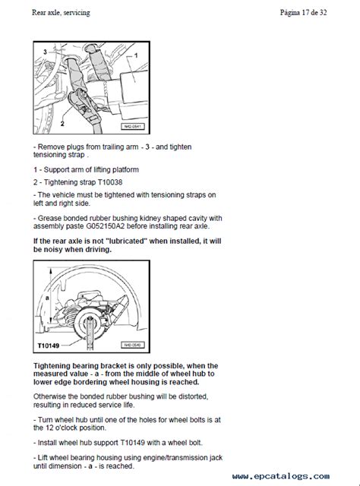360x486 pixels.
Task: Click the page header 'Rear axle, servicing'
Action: point(61,13)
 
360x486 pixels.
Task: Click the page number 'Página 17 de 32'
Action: point(303,13)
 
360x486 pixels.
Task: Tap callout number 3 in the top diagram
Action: point(46,52)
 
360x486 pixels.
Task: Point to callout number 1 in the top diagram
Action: point(136,55)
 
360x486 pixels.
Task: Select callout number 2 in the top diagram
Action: point(62,124)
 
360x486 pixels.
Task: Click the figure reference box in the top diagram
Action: point(132,127)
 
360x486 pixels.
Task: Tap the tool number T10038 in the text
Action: point(110,182)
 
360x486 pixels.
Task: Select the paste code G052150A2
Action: point(106,226)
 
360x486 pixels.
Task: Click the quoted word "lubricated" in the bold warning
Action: point(127,241)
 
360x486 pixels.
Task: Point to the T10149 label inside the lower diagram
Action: point(49,346)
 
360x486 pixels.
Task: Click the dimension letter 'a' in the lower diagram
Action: point(47,298)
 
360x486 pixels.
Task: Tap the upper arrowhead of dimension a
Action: point(49,270)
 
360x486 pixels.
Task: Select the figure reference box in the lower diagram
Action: point(132,345)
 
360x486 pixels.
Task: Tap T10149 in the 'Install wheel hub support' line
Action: point(132,443)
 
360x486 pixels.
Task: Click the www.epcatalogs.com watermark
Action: point(281,476)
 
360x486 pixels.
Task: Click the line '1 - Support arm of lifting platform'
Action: point(86,170)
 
